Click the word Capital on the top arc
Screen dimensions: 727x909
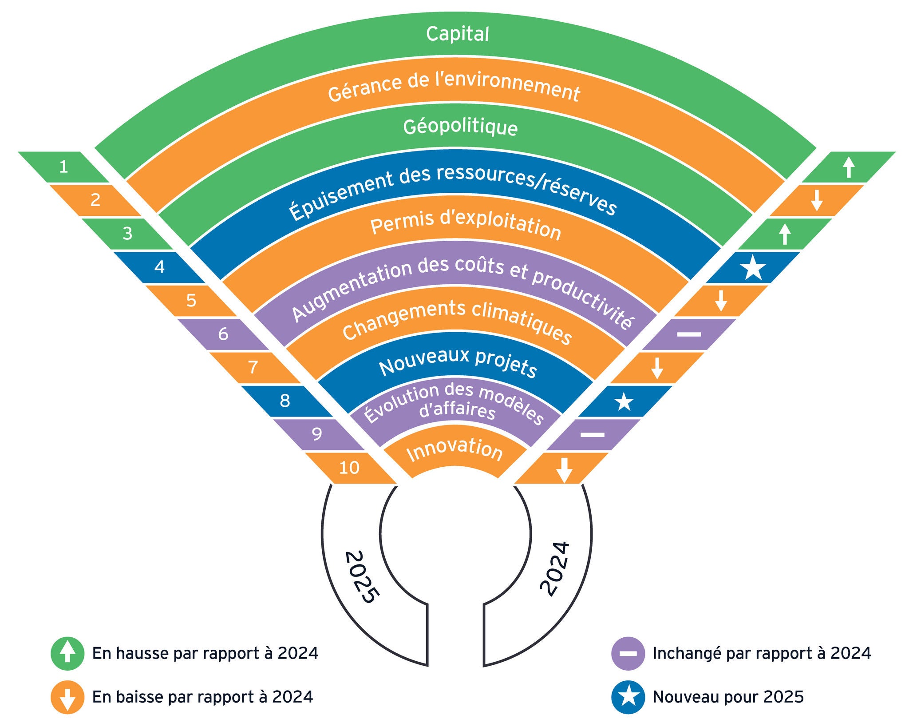[457, 34]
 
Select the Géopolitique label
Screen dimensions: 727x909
[460, 127]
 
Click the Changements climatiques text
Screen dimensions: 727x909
[457, 321]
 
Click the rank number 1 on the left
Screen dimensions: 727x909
[64, 167]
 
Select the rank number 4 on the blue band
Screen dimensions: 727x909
[159, 267]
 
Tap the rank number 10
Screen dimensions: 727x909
[349, 468]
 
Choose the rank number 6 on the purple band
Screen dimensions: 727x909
[223, 334]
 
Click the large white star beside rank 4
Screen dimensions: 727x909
[753, 267]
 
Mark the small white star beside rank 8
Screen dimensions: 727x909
[624, 401]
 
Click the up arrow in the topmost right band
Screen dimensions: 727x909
[849, 167]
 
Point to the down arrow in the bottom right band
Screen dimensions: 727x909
[564, 469]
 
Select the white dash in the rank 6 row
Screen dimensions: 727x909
[689, 334]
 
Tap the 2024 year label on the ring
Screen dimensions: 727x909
[555, 568]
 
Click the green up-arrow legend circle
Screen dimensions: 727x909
[67, 654]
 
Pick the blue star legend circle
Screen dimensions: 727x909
[628, 697]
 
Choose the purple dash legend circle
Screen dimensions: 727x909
[628, 654]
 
